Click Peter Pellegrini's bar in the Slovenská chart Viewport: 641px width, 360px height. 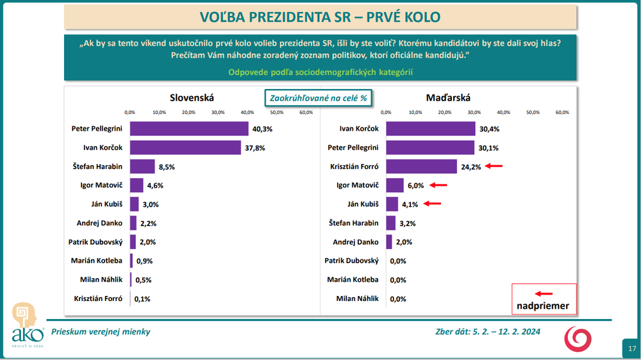pyautogui.click(x=189, y=129)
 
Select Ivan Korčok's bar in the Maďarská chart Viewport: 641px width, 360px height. pyautogui.click(x=431, y=129)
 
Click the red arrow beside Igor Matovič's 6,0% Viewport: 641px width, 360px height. pyautogui.click(x=438, y=185)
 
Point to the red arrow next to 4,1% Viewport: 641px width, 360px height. pyautogui.click(x=433, y=204)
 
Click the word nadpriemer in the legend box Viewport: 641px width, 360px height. pyautogui.click(x=543, y=306)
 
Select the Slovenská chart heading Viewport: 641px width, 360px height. pyautogui.click(x=192, y=98)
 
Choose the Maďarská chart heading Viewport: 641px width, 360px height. pyautogui.click(x=449, y=98)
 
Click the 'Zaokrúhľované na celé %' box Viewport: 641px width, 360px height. pyautogui.click(x=319, y=99)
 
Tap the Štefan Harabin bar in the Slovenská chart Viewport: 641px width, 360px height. pyautogui.click(x=142, y=167)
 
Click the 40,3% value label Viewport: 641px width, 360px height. pyautogui.click(x=262, y=129)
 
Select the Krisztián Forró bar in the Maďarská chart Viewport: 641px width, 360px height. pyautogui.click(x=421, y=167)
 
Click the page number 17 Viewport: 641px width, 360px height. pyautogui.click(x=631, y=348)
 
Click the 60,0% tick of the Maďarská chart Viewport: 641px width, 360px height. pyautogui.click(x=562, y=113)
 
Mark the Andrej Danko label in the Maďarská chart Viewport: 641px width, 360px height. pyautogui.click(x=356, y=242)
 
